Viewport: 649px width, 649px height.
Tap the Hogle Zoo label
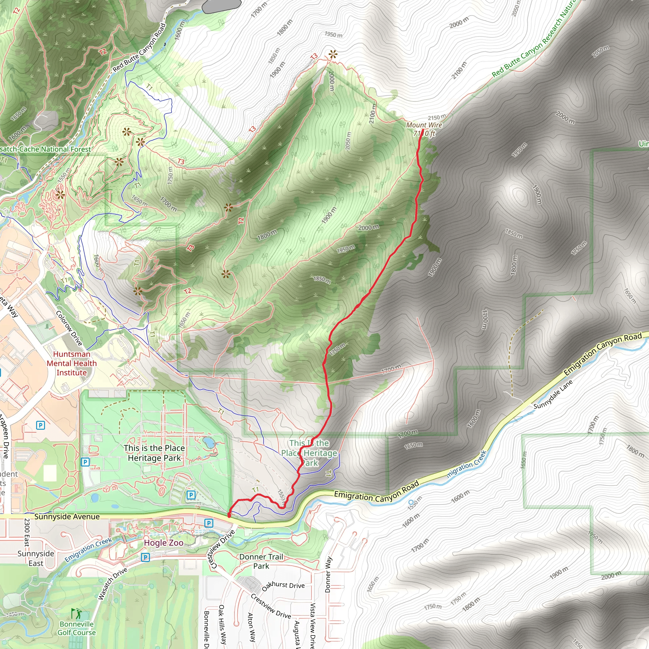coord(164,543)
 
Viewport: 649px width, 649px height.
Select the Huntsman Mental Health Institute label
coord(72,363)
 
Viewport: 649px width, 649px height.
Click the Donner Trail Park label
coord(261,561)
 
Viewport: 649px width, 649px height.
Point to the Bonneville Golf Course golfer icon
coord(76,614)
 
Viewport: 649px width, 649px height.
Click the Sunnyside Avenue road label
coord(67,517)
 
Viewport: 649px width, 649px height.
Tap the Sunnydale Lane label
coord(553,395)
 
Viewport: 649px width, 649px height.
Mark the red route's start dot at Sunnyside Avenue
coord(229,515)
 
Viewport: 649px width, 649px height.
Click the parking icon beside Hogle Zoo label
coord(145,557)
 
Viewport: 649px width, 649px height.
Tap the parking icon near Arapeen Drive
coord(40,426)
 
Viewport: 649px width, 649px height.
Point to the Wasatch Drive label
coord(112,583)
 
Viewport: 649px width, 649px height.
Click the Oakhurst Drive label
coord(283,586)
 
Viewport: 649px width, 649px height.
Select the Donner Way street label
coord(328,575)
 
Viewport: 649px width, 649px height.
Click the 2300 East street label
coord(27,532)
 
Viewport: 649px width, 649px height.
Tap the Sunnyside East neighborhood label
coord(35,558)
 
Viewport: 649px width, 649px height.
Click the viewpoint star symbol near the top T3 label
coord(332,55)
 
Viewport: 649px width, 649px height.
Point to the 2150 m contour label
coord(437,118)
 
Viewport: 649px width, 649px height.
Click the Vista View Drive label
coord(312,625)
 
